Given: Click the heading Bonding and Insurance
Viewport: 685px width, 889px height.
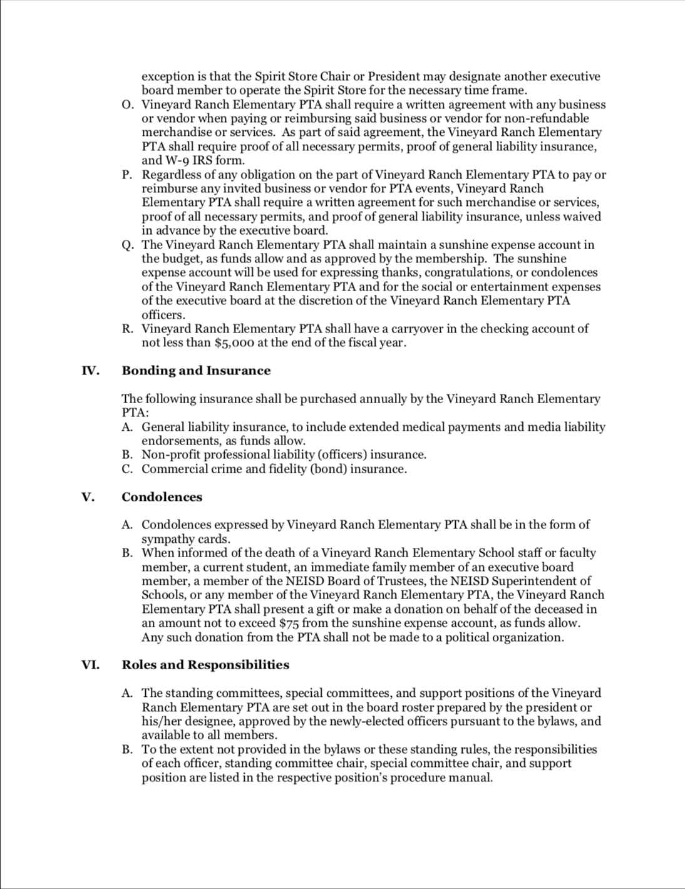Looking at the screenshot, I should [196, 371].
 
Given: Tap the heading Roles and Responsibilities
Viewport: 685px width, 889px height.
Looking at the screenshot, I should [205, 665].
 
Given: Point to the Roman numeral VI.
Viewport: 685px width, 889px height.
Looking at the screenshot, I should [90, 665].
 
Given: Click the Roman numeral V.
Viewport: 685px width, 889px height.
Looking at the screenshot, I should [88, 497].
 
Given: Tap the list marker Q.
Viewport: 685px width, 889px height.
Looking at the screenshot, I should [128, 245].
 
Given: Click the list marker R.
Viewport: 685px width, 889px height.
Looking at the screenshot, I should [128, 329].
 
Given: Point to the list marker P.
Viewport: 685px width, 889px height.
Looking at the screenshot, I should [128, 175].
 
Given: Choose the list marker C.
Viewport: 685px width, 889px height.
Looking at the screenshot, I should [128, 469].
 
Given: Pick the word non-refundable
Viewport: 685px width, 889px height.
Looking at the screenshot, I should [549, 118].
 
